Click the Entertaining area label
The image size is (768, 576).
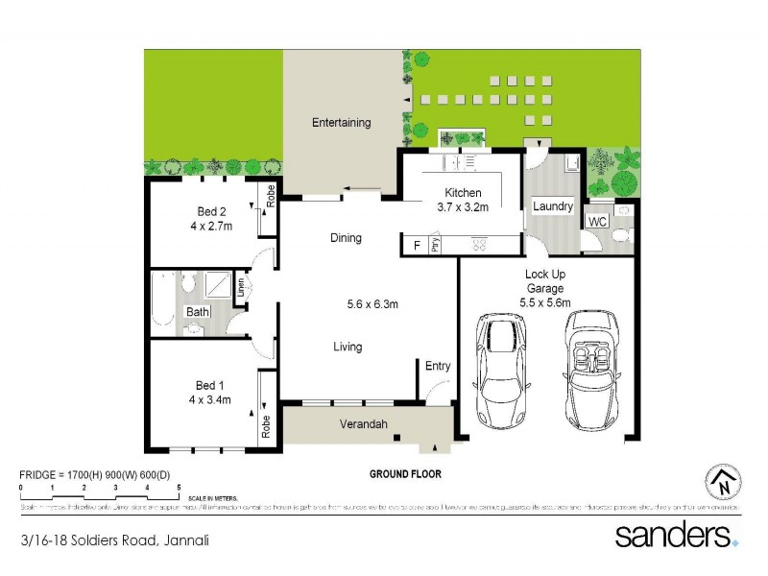(341, 123)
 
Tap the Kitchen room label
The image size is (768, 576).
(462, 193)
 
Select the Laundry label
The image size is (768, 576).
(552, 206)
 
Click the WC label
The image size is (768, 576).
(597, 222)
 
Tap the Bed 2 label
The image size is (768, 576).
(211, 212)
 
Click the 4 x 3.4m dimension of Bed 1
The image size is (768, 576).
(211, 400)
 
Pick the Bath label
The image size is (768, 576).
(198, 312)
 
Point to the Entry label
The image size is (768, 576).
(438, 366)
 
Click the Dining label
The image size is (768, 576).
(346, 238)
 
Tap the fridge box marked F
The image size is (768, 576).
(416, 246)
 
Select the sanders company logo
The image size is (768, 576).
(676, 534)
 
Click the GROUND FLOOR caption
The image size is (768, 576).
(405, 474)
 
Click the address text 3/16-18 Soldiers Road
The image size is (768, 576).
(115, 540)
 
